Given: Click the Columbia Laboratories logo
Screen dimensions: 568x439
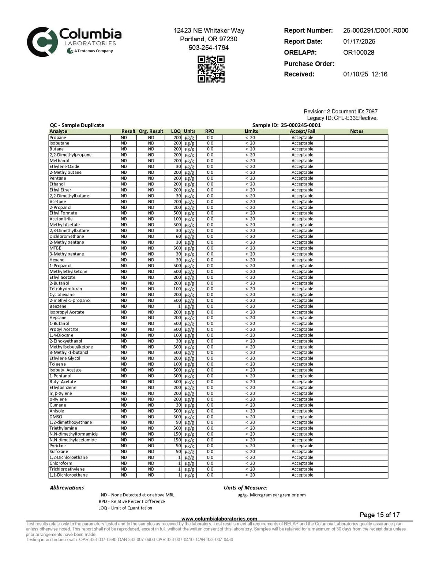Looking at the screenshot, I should point(74,41).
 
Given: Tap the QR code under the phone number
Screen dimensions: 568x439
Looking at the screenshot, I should point(211,69).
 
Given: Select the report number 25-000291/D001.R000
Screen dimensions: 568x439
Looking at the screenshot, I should point(376,30).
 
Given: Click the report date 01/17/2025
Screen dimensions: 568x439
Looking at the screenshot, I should point(359,41).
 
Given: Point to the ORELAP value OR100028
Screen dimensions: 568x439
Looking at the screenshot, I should point(359,52).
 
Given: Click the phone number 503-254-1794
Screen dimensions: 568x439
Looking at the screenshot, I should point(209,48).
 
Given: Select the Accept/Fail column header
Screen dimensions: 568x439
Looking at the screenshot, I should point(302,131).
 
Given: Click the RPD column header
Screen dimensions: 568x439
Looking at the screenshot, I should point(210,131).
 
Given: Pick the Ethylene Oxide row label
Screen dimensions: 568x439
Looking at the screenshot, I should point(64,166).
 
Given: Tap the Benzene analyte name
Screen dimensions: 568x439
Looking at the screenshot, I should point(58,306).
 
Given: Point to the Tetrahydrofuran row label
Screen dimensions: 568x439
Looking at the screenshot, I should point(66,289).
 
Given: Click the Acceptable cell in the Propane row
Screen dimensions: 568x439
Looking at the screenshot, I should point(302,138).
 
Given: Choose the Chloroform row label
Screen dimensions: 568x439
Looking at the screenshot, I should point(61,463).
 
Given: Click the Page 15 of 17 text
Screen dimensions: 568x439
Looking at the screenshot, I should point(379,515).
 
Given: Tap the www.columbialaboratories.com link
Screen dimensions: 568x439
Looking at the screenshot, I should point(219,519).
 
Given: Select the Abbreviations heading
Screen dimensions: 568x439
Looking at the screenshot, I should point(67,488).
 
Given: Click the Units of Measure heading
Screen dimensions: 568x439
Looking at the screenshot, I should point(245,488).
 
